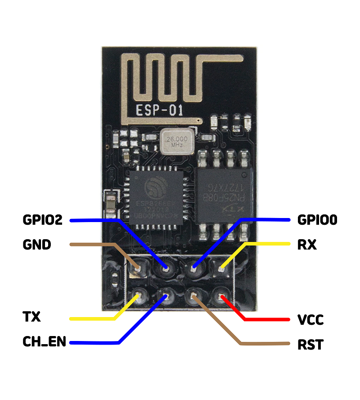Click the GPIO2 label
pyautogui.click(x=43, y=220)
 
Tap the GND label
pyautogui.click(x=37, y=245)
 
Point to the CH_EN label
pyautogui.click(x=45, y=342)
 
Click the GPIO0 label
pyautogui.click(x=317, y=220)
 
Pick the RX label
pyautogui.click(x=307, y=245)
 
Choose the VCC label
pyautogui.click(x=310, y=320)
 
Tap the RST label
pyautogui.click(x=310, y=345)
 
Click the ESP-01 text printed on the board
pyautogui.click(x=159, y=110)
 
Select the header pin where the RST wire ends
pyautogui.click(x=193, y=296)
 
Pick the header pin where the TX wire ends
pyautogui.click(x=137, y=296)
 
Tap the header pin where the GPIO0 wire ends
pyautogui.click(x=193, y=269)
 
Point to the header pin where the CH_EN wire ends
pyautogui.click(x=165, y=296)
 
